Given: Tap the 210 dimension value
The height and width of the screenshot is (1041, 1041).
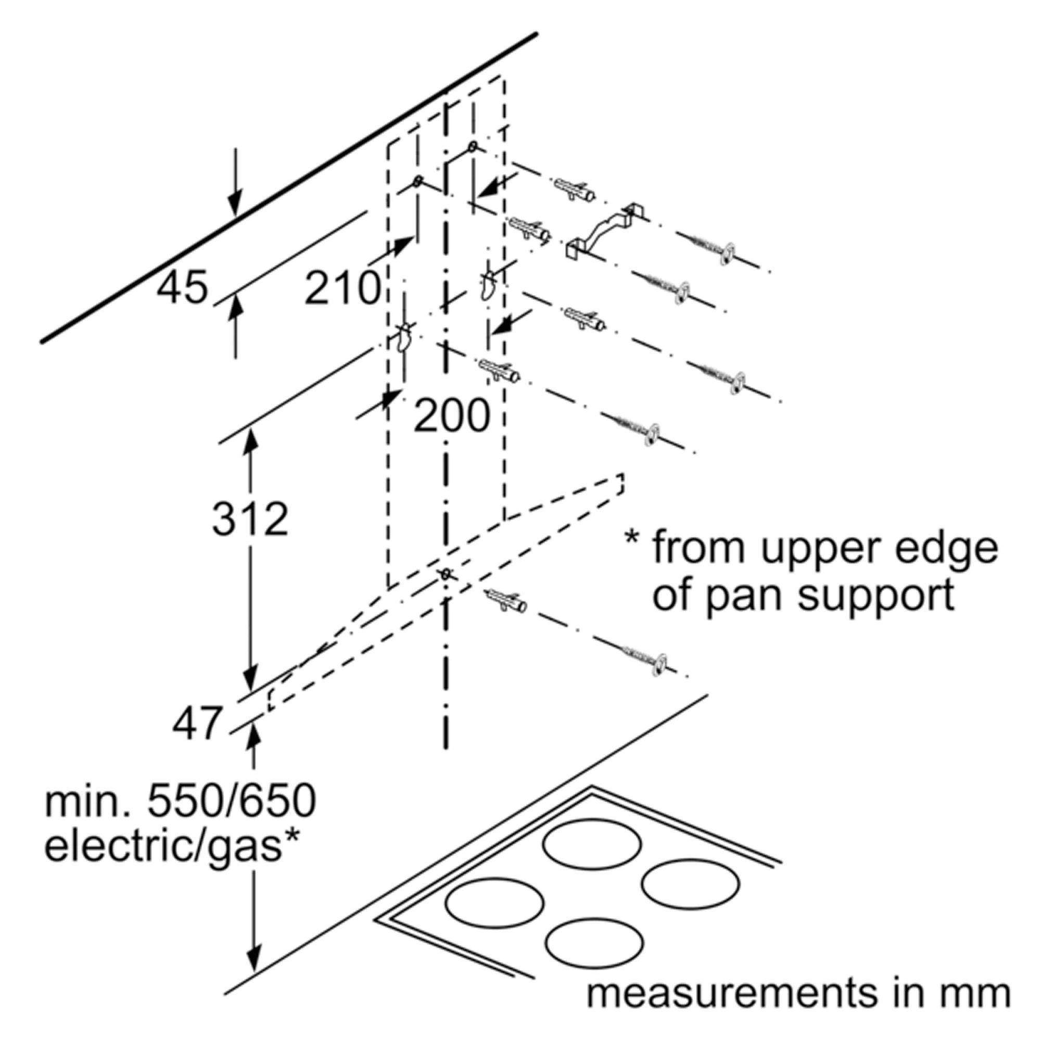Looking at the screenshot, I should (x=342, y=288).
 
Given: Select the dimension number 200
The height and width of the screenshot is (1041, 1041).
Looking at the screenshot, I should (x=451, y=415).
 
